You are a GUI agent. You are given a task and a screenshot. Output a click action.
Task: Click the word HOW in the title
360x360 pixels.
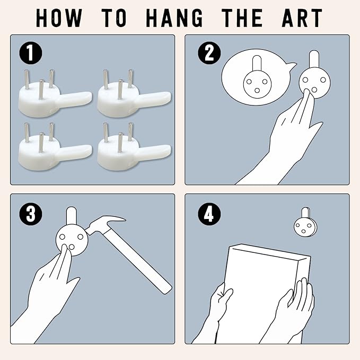click(59, 18)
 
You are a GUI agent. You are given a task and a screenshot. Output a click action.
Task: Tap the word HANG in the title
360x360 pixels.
click(174, 18)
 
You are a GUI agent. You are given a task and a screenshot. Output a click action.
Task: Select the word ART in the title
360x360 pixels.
click(302, 18)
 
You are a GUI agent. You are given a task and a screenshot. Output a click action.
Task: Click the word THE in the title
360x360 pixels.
click(242, 18)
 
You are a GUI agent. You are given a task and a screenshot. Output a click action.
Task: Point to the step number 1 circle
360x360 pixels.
click(31, 53)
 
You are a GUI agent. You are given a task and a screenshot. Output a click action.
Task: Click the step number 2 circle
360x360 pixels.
click(209, 53)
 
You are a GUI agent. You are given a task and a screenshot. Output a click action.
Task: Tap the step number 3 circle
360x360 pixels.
click(31, 213)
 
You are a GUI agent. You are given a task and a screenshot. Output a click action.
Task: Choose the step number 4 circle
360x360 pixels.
click(209, 213)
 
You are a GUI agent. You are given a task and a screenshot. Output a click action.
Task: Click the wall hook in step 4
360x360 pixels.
click(305, 222)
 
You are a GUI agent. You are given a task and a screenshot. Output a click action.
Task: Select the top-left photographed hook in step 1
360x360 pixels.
click(55, 94)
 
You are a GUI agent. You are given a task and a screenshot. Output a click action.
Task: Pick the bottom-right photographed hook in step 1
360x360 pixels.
click(134, 147)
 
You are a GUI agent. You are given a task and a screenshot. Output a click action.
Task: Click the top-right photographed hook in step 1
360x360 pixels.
click(134, 94)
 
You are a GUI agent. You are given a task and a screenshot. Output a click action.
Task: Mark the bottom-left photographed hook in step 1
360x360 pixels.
click(55, 147)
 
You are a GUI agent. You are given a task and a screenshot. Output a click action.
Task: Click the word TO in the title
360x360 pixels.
click(114, 18)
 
